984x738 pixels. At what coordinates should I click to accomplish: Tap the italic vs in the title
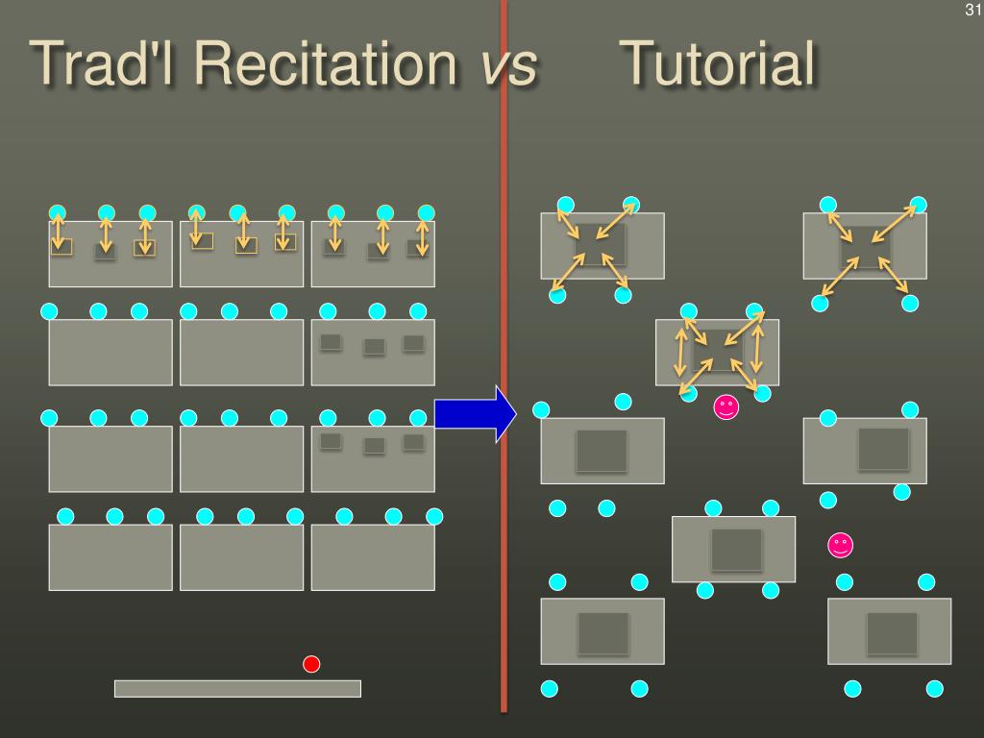click(x=508, y=67)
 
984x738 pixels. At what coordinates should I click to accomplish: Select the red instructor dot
click(x=311, y=664)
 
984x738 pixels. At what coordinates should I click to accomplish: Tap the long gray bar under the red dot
click(x=237, y=688)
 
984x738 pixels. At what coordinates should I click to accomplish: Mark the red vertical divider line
click(x=504, y=384)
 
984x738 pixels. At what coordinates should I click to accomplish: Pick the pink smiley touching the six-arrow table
click(x=726, y=407)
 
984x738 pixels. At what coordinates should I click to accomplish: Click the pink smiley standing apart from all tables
click(x=841, y=546)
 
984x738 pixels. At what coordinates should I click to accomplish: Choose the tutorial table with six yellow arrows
click(x=718, y=352)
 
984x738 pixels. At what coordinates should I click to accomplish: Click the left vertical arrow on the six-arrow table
click(x=681, y=352)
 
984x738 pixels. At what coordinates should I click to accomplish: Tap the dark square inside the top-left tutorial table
click(x=601, y=245)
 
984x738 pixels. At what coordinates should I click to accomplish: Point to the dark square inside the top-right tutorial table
click(x=865, y=246)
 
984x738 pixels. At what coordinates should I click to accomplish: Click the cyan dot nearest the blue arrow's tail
click(x=418, y=418)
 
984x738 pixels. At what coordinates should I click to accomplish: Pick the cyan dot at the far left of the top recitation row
click(x=58, y=212)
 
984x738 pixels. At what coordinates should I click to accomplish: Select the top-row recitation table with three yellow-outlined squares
click(x=241, y=254)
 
